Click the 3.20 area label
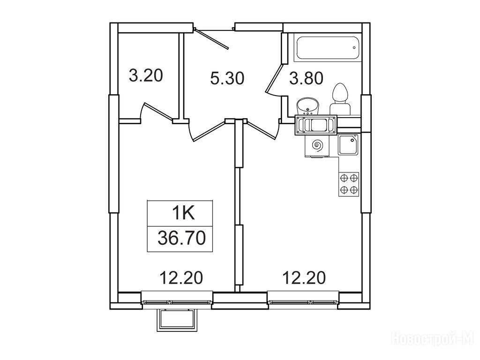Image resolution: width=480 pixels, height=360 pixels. [146, 75]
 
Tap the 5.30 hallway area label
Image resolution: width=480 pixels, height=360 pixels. [227, 78]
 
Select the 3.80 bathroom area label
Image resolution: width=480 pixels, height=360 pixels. [307, 78]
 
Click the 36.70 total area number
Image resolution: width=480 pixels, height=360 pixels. [181, 238]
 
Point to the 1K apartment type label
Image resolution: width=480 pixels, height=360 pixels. [183, 213]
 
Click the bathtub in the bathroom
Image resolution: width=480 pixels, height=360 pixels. [326, 48]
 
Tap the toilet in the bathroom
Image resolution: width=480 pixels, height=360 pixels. [340, 98]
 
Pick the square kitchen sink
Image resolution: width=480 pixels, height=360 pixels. [348, 144]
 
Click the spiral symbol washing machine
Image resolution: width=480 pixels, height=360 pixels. [317, 145]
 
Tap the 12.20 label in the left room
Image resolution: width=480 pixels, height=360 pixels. [181, 277]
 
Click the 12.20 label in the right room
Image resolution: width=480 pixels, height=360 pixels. [304, 277]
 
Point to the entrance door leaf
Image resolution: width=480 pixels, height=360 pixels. [212, 38]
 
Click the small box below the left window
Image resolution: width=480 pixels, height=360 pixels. [177, 320]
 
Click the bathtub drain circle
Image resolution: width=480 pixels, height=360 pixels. [354, 47]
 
